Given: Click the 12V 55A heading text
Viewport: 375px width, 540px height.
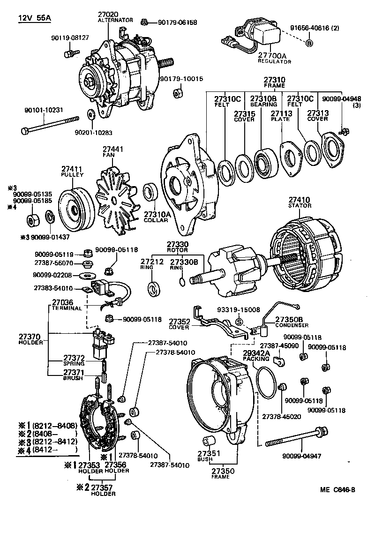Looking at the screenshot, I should click(35, 18).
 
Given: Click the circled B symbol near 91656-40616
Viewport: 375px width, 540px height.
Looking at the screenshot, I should click(309, 44).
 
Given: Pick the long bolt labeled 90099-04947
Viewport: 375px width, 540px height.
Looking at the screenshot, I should click(295, 440).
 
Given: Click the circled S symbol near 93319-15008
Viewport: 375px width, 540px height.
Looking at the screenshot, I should click(238, 322).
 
